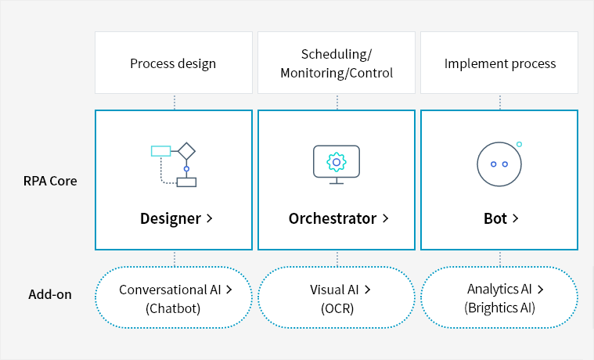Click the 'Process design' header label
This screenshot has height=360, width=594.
[173, 63]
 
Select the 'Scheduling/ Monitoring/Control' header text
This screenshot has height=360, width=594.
[337, 63]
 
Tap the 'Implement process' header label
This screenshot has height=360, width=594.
[499, 63]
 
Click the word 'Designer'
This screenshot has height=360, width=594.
[171, 218]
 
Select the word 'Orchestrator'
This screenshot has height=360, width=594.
[333, 218]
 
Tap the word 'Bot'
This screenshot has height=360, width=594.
[495, 218]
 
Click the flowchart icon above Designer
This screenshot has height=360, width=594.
[174, 164]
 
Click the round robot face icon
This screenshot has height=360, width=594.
[499, 164]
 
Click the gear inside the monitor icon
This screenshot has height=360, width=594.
[337, 162]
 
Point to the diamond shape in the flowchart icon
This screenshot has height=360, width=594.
[186, 150]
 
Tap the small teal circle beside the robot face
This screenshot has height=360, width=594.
[519, 144]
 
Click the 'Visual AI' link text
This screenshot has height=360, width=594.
[335, 290]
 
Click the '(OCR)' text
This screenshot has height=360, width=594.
[337, 308]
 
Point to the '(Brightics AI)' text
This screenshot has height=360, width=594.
[499, 308]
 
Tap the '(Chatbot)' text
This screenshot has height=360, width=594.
[173, 308]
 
